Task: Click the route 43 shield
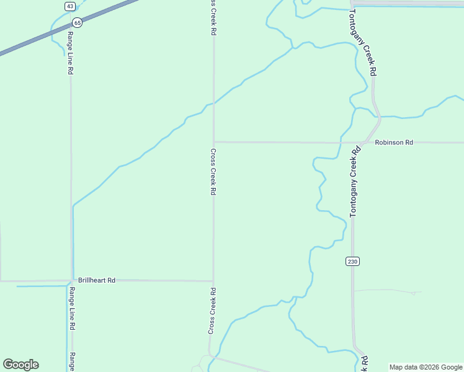[69, 6]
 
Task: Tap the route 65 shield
[77, 22]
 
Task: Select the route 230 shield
[352, 262]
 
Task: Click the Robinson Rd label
[394, 142]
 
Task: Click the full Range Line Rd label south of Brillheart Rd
[72, 308]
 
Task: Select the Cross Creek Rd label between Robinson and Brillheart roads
[213, 172]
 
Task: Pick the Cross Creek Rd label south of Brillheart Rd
[212, 311]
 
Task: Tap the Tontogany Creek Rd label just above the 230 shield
[355, 182]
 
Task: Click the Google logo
[20, 365]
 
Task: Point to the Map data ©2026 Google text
[426, 367]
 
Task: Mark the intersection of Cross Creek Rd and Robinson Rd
[214, 141]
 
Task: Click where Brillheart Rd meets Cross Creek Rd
[213, 281]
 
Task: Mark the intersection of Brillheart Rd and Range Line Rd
[71, 281]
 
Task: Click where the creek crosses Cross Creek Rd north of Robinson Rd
[214, 103]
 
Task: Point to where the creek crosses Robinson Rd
[341, 142]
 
